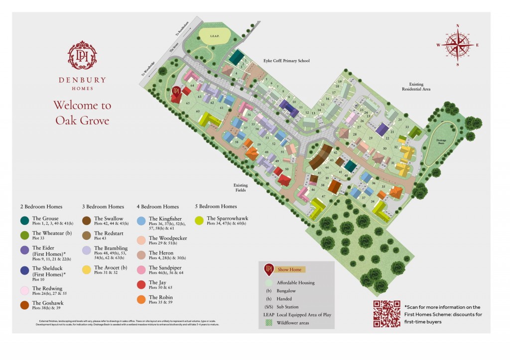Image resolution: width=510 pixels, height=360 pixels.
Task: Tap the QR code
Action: pos(386,314)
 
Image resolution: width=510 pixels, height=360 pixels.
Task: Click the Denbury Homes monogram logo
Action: pos(82,55)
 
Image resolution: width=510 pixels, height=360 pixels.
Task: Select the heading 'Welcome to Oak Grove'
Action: pos(82,113)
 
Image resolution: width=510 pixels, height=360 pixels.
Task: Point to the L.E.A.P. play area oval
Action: pos(214,36)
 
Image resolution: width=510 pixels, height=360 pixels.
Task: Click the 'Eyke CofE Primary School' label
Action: pos(286,61)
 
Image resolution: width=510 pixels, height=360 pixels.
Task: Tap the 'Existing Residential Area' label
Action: pos(416,87)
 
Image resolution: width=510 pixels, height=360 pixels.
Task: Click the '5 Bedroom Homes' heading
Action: pos(216,207)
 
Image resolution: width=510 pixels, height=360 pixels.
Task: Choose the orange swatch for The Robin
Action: pos(141,299)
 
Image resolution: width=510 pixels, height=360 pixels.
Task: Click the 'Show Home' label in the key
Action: pos(289,269)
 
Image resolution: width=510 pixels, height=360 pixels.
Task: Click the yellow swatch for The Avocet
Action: pos(86,269)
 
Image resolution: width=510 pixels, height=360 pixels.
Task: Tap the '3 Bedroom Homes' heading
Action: pos(103,207)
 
